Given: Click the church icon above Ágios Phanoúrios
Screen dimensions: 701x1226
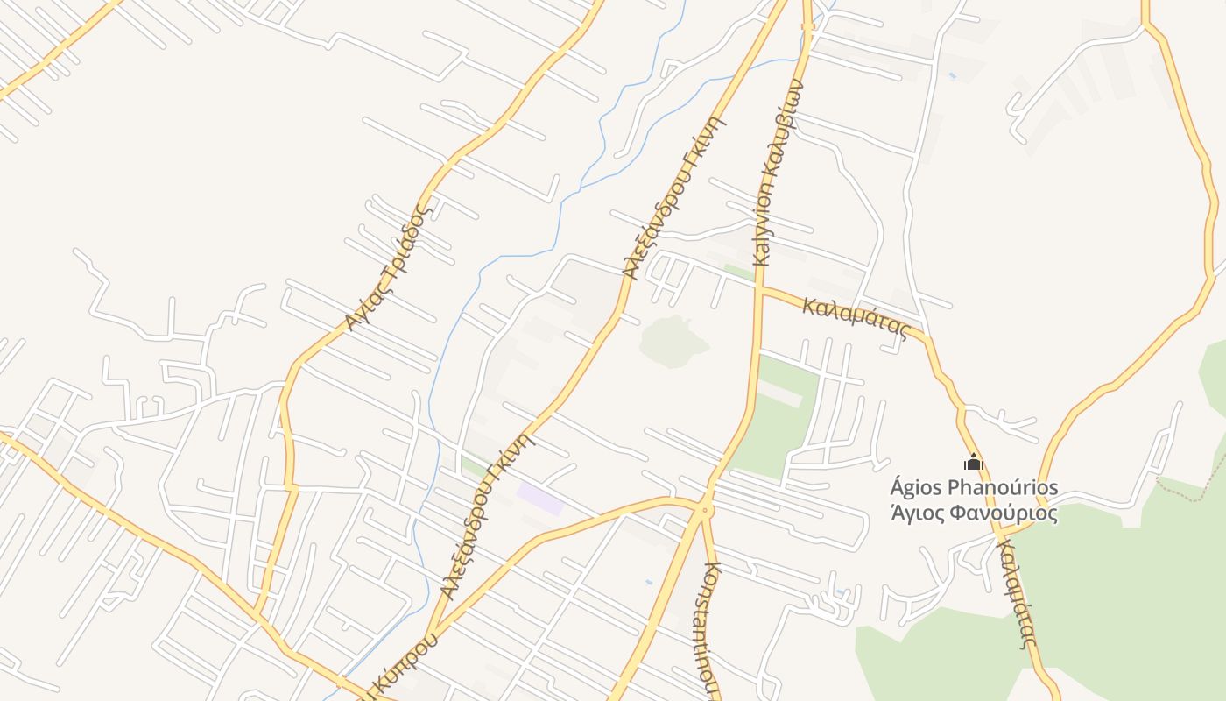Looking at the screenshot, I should pos(974,463).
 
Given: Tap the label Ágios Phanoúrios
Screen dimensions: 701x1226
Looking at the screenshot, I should pos(974,487).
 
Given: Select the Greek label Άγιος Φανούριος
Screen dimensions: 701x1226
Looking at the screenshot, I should pos(974,513).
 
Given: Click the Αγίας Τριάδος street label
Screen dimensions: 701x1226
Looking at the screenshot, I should pos(389,267).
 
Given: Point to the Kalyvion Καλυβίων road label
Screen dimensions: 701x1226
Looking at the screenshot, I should pos(777,173).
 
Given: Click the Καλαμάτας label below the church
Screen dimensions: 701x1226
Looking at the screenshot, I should pos(1017,593).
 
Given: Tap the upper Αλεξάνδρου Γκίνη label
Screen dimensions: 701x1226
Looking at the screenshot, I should pos(675,197).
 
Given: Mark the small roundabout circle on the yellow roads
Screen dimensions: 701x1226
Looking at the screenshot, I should pos(705,509).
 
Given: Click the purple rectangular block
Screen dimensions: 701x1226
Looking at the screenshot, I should pos(540,499).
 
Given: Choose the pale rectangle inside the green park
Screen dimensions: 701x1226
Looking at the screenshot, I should pos(779,394).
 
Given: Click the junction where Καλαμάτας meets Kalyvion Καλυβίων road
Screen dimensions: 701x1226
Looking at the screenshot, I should pos(758,290).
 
